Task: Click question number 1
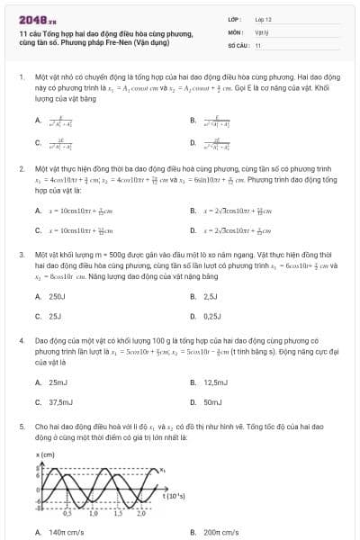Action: coord(21,77)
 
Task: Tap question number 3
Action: coord(21,256)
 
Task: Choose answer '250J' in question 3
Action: coord(57,296)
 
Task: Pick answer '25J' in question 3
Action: coord(55,316)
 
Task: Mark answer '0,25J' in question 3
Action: coord(212,316)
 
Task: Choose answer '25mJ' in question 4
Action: coord(58,382)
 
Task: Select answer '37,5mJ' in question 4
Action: coord(60,402)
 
